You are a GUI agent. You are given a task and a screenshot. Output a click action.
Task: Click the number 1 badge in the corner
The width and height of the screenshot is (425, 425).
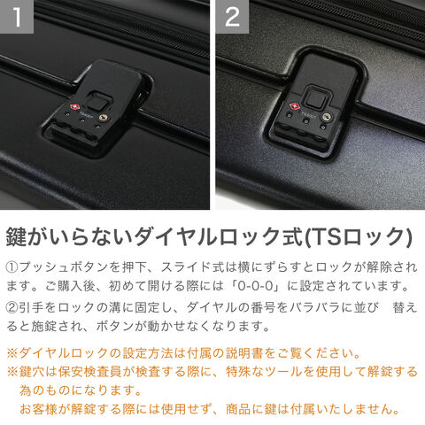click(x=17, y=17)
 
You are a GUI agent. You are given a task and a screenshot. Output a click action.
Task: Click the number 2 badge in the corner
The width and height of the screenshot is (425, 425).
click(x=232, y=17)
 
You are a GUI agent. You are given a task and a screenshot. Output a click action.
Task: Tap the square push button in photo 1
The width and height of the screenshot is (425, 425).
click(x=96, y=102)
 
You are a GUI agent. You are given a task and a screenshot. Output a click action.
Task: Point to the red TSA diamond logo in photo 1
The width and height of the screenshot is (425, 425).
click(x=73, y=107)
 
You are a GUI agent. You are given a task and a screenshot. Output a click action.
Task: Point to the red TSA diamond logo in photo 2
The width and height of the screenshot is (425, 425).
click(x=294, y=105)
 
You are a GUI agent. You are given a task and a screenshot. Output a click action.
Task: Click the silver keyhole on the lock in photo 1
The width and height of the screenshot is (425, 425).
click(x=103, y=118)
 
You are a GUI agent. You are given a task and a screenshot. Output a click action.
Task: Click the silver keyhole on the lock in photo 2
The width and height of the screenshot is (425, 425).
click(x=327, y=116)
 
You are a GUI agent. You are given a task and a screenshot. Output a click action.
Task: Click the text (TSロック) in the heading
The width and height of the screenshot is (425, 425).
click(x=359, y=236)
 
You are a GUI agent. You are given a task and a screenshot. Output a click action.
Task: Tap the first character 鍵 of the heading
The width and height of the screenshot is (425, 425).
click(x=17, y=236)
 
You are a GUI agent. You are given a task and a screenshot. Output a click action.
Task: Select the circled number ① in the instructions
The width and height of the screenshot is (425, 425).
click(x=12, y=267)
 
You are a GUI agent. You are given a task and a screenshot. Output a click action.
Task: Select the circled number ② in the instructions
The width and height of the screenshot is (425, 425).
click(x=12, y=307)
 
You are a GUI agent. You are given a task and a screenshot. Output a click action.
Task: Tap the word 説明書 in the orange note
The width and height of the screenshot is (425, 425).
click(x=244, y=353)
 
